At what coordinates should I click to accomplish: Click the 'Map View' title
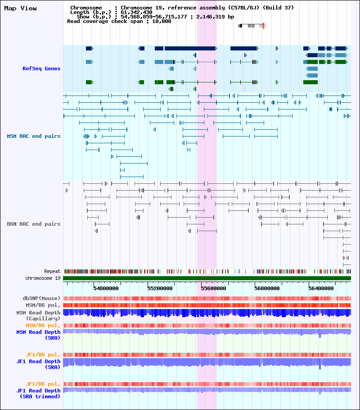[20, 9]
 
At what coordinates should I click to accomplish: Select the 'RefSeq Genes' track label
[41, 68]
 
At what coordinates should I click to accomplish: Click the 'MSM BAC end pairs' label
[33, 136]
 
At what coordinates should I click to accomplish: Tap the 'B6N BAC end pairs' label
[33, 224]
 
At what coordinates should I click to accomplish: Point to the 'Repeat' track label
[52, 271]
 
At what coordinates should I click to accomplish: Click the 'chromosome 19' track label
[43, 278]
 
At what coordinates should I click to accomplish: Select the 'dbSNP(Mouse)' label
[41, 298]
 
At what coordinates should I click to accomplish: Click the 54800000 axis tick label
[106, 288]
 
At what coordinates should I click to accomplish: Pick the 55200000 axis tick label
[160, 288]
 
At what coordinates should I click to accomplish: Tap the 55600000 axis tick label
[213, 288]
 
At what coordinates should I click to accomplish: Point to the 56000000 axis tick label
[267, 288]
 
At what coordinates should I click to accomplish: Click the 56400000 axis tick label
[321, 288]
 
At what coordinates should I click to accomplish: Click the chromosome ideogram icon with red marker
[252, 26]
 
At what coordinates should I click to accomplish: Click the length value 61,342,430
[136, 12]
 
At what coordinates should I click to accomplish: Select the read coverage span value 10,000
[162, 22]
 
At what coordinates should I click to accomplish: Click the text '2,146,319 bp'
[215, 17]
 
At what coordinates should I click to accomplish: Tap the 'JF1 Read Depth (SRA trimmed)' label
[38, 393]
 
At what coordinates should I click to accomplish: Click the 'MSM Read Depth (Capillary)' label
[38, 315]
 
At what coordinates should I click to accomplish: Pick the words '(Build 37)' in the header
[278, 8]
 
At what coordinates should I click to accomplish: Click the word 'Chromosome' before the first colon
[86, 8]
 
